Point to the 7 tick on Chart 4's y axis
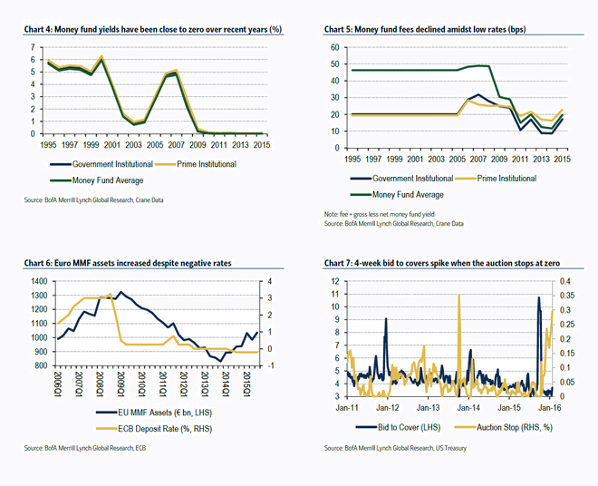pos(34,45)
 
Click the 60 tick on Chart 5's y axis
pos(334,47)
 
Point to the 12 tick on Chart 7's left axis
pos(336,281)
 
